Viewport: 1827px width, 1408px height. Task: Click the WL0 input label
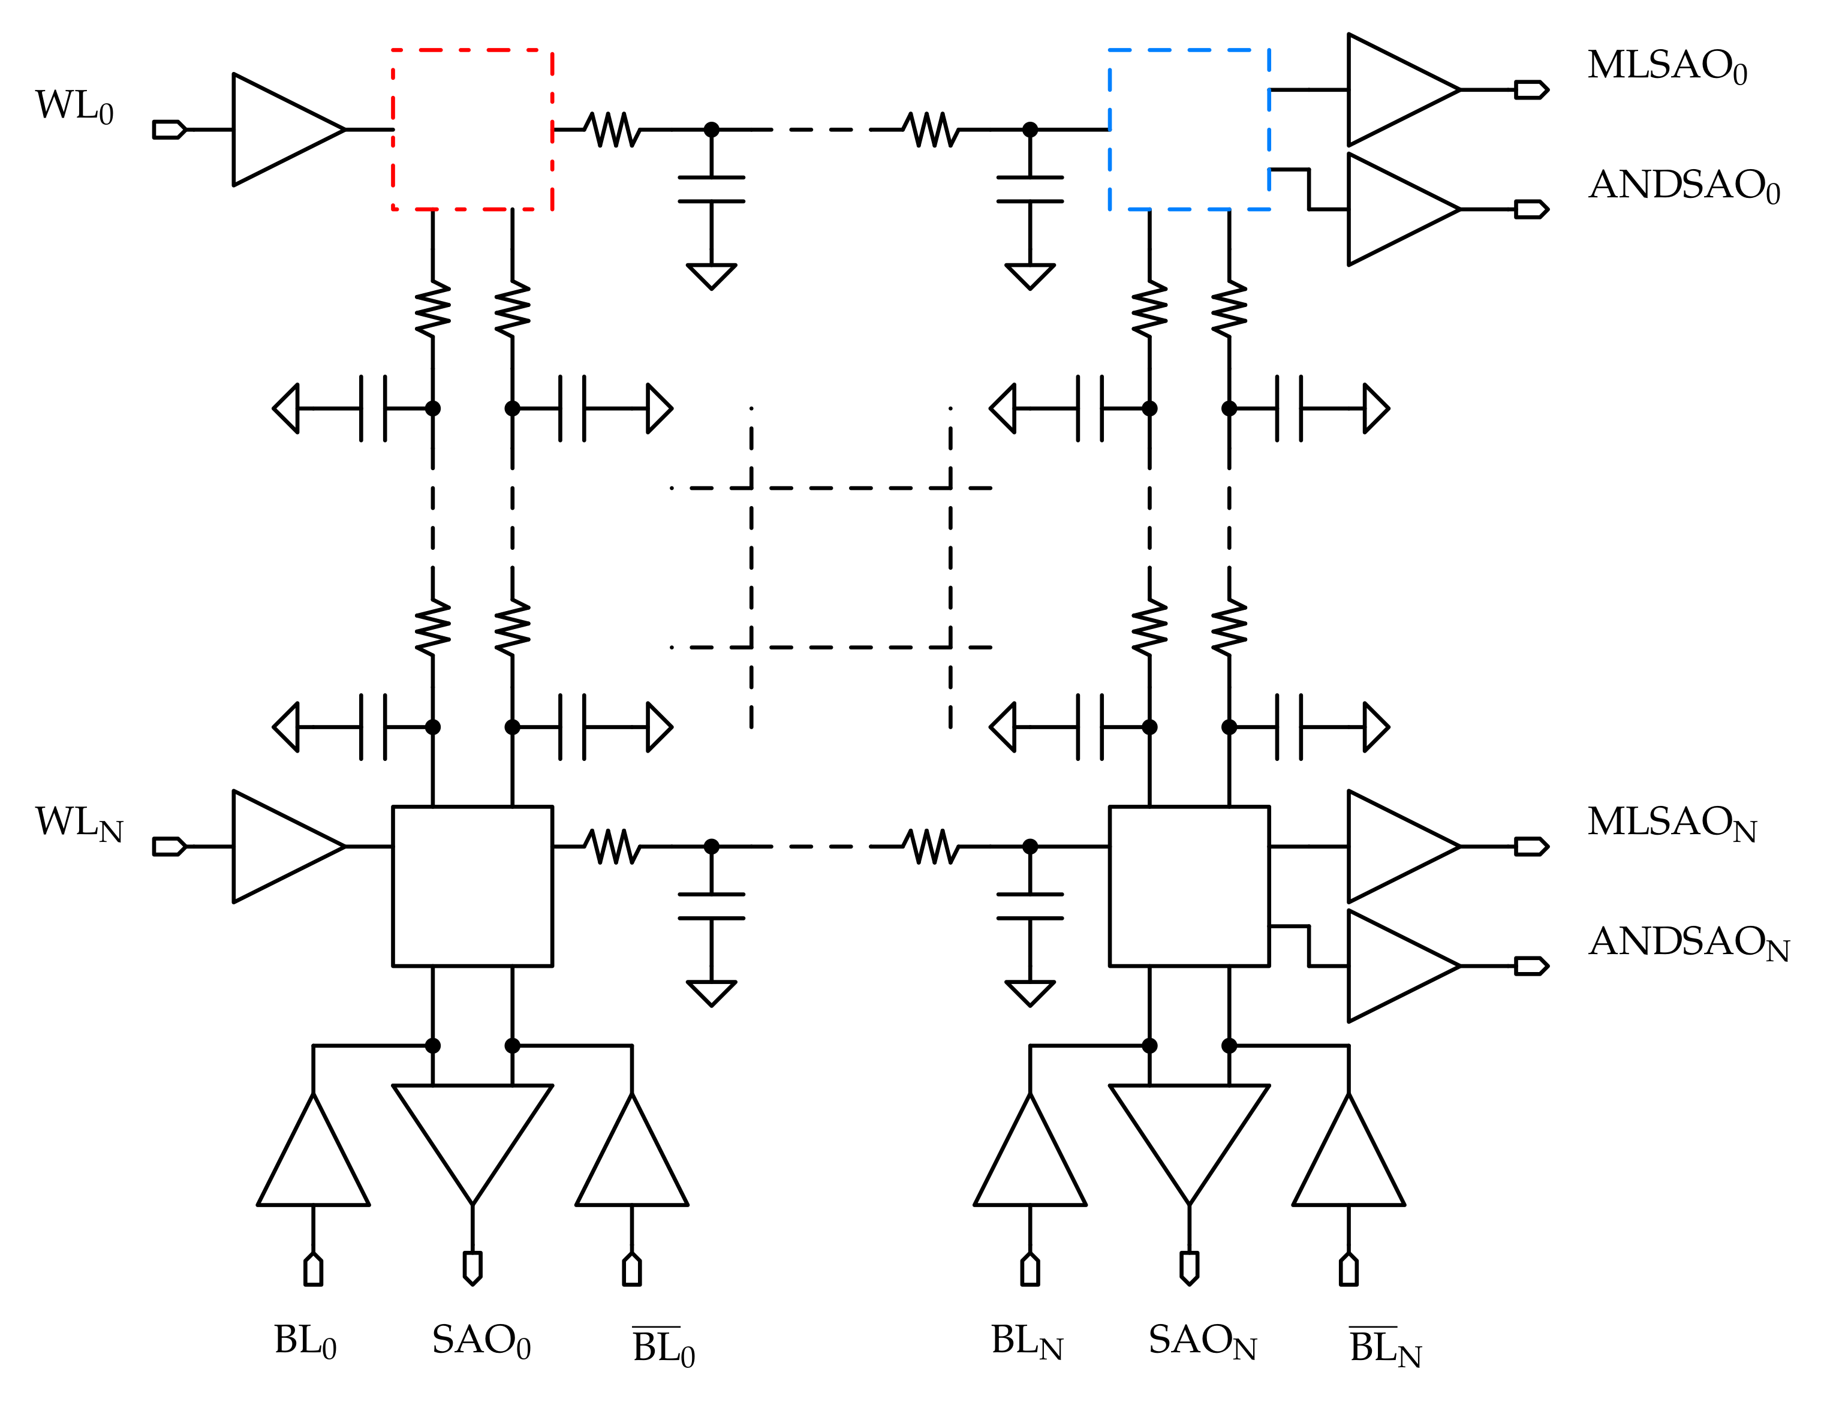click(x=74, y=107)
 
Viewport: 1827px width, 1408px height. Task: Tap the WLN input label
click(x=79, y=823)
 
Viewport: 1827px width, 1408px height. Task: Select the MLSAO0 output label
click(x=1666, y=67)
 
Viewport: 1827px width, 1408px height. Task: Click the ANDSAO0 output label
click(x=1683, y=186)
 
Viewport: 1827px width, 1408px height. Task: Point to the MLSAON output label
click(x=1672, y=823)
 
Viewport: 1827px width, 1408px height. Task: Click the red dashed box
click(x=472, y=130)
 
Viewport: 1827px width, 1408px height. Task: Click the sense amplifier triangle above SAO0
click(x=472, y=1129)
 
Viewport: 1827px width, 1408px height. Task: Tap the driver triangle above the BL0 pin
click(x=313, y=1163)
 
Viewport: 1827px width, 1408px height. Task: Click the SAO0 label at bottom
click(x=481, y=1341)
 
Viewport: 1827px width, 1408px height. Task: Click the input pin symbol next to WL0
click(x=168, y=130)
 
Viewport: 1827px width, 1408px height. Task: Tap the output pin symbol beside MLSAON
click(x=1530, y=847)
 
